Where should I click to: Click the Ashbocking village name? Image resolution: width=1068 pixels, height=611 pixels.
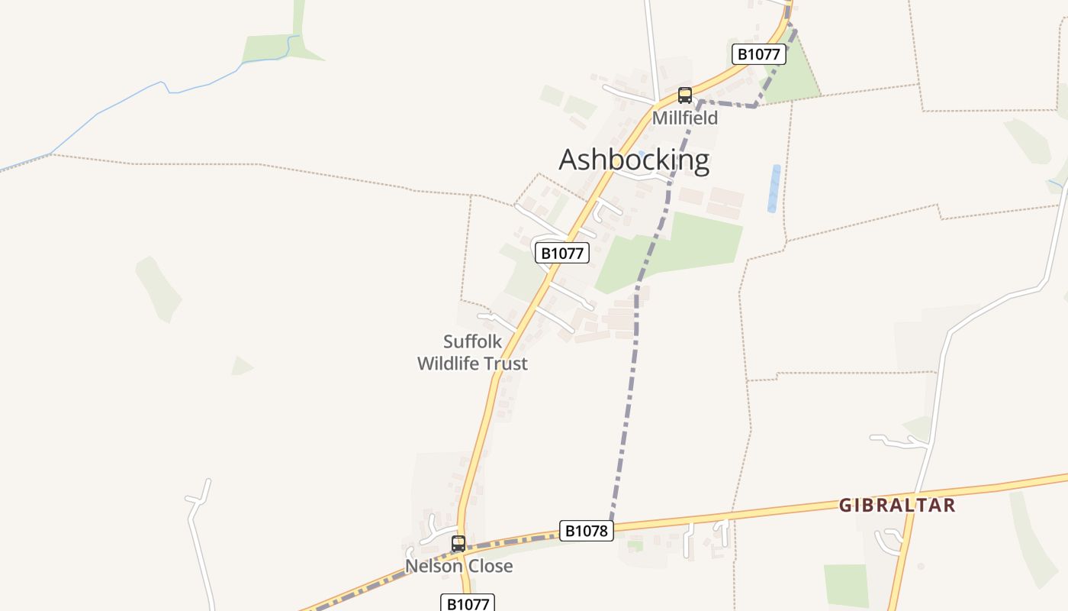(634, 160)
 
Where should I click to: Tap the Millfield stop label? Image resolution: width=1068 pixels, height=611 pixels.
(684, 118)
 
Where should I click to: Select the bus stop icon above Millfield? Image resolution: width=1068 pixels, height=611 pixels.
(685, 95)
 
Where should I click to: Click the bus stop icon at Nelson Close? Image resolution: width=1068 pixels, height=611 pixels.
(458, 544)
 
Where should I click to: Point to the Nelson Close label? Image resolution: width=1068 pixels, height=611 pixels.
(458, 566)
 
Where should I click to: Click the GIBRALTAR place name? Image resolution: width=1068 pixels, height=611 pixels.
(897, 505)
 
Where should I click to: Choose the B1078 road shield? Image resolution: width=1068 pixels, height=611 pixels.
(586, 531)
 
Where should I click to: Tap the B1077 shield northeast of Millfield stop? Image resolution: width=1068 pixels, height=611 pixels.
(758, 54)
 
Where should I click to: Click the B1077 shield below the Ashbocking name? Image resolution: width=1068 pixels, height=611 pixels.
(562, 253)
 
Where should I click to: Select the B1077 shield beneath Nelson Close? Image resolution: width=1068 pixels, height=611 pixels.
(468, 604)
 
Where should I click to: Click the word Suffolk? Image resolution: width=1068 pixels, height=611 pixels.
(473, 341)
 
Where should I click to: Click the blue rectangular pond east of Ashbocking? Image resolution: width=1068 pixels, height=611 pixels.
(774, 189)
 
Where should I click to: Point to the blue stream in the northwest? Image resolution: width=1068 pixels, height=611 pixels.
(130, 98)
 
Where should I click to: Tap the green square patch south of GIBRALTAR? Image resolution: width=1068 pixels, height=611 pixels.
(846, 584)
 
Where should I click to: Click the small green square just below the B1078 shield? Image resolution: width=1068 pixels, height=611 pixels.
(635, 545)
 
